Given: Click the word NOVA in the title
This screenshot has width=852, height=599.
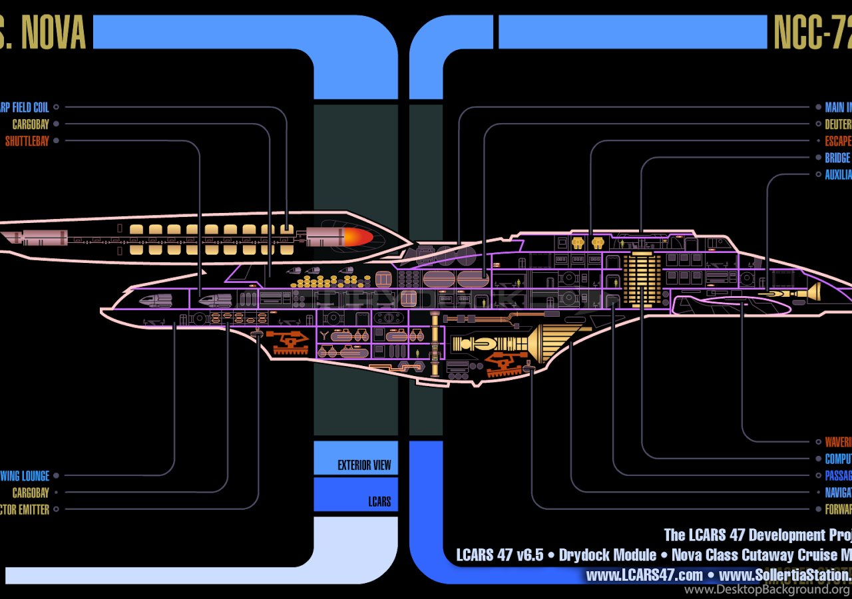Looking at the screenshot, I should [x=55, y=33].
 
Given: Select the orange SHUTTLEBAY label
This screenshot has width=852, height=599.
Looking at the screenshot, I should [x=27, y=141].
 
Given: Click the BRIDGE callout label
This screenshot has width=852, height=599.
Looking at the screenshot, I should [x=837, y=158].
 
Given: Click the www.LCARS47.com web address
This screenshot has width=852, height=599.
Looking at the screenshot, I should [x=644, y=574].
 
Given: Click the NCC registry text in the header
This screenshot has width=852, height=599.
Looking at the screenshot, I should [x=812, y=33].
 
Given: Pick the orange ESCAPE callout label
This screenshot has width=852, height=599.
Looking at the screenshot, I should [x=838, y=141].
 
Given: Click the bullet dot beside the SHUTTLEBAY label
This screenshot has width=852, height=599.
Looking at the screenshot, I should [x=56, y=141].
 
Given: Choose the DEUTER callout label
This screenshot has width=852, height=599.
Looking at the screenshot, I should [x=838, y=124].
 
